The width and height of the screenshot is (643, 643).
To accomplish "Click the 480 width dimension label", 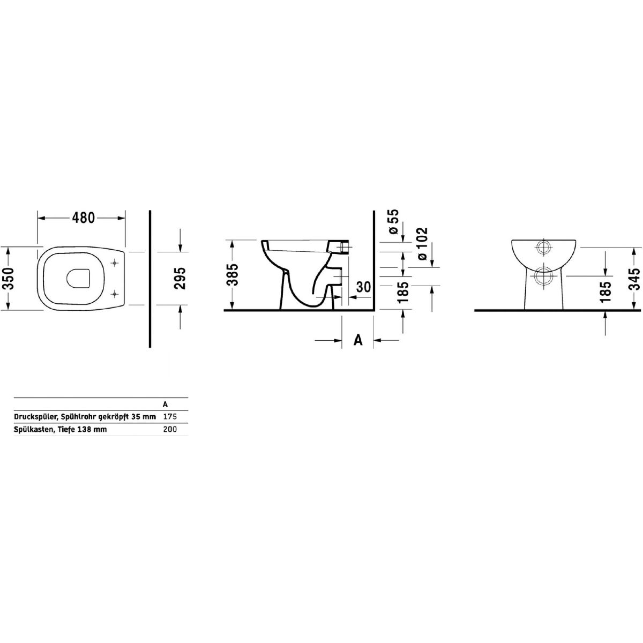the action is (84, 218).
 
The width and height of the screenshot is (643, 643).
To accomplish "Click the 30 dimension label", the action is (363, 287).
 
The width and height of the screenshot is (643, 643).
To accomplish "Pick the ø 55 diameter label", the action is (393, 221).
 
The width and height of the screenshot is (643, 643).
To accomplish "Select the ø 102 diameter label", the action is (422, 244).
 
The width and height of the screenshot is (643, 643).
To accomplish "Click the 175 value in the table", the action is (170, 416).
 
